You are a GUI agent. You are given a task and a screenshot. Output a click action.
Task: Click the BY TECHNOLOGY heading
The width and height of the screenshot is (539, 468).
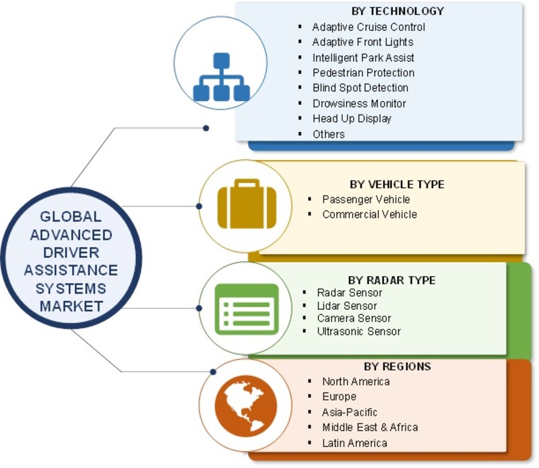(x=398, y=11)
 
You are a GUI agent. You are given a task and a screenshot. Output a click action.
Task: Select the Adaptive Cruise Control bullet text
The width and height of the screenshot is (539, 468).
(x=369, y=27)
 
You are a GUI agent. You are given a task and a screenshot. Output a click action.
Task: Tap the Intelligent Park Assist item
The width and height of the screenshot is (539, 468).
(x=363, y=58)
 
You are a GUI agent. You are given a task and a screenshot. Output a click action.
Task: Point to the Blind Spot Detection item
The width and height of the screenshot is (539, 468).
(x=360, y=88)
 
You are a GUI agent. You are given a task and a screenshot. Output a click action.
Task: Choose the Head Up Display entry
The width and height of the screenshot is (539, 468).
(x=352, y=119)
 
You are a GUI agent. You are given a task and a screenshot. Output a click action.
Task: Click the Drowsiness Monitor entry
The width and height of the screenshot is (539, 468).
(x=359, y=103)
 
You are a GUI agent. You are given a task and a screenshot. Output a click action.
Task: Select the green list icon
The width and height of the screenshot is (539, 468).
(x=246, y=308)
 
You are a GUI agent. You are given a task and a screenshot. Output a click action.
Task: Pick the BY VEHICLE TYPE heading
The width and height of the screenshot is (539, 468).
(x=397, y=184)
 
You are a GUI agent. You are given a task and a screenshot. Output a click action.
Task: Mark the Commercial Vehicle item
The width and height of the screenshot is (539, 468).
(x=369, y=214)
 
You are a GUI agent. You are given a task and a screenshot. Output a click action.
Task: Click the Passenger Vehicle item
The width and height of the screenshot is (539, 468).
(x=366, y=199)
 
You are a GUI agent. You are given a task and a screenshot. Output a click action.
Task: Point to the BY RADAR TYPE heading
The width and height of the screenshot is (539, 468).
(x=391, y=280)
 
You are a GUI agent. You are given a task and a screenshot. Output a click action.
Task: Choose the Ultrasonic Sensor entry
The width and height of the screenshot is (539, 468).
(x=358, y=331)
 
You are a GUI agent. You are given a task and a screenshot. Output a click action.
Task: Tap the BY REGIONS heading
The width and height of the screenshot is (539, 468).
(x=398, y=366)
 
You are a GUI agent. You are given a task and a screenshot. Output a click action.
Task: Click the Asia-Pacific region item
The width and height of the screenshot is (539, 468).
(x=350, y=412)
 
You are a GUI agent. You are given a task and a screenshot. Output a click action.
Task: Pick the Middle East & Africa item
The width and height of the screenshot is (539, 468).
(x=370, y=428)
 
